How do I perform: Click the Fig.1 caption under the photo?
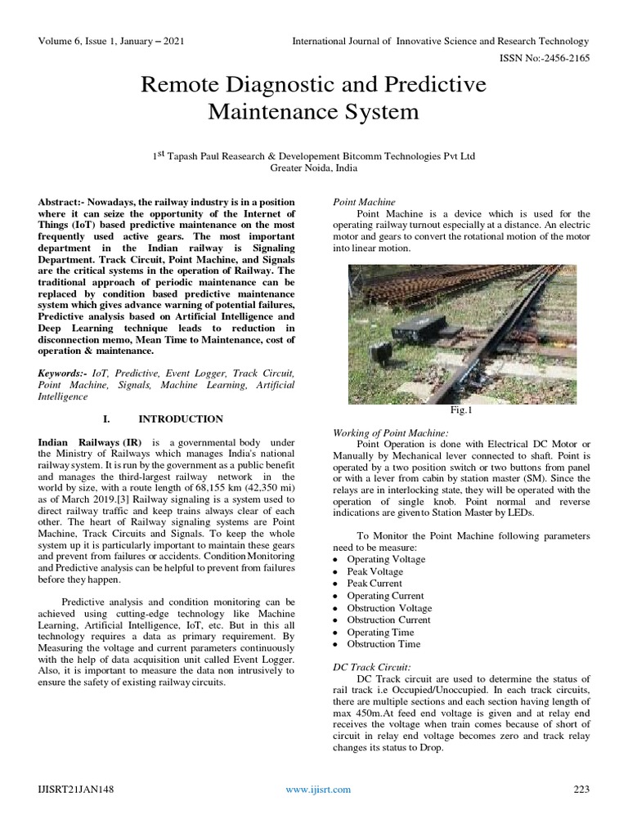point(463,410)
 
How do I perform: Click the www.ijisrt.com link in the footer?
point(319,789)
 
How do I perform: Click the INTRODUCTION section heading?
point(181,419)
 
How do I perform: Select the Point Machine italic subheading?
point(361,201)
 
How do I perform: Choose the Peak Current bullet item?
point(375,584)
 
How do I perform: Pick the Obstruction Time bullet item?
point(379,644)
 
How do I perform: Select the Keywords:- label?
point(63,373)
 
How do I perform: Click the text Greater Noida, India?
point(313,168)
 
